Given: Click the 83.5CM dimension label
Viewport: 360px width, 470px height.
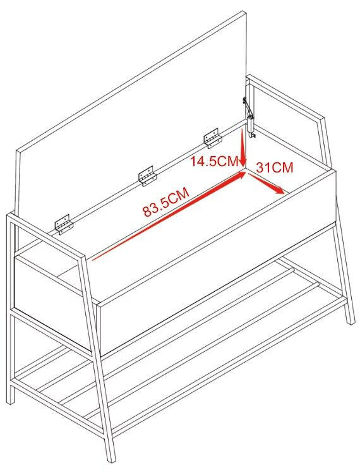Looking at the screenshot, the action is point(166,202).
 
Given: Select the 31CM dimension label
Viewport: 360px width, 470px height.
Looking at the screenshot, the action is point(274,167).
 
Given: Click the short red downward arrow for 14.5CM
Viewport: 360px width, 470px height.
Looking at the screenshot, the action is point(243,147).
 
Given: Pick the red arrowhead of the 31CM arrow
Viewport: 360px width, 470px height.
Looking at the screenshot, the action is point(279,190).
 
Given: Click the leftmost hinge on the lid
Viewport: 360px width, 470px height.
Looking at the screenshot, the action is point(64,224).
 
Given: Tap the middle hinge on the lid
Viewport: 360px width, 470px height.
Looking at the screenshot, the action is point(147,176).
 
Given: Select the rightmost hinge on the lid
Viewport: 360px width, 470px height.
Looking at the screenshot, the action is point(212,138).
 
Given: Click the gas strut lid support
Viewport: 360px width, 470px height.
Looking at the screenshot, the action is point(249,117).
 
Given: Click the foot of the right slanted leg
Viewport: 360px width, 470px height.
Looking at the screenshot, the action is point(350,320).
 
